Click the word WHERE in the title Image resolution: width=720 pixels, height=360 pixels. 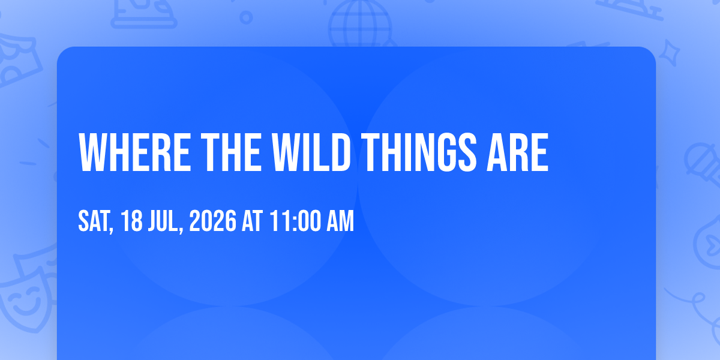[134, 152]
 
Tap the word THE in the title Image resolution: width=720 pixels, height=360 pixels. [232, 152]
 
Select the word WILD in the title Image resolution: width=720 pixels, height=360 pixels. [311, 152]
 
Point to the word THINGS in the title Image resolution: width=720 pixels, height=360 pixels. [419, 152]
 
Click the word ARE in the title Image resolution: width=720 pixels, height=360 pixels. [517, 152]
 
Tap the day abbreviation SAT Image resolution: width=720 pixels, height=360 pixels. [94, 221]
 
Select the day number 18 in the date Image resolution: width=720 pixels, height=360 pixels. [132, 221]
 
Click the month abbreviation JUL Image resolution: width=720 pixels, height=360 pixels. [163, 221]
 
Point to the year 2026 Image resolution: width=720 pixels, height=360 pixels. [213, 221]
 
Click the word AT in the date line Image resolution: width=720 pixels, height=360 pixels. [253, 221]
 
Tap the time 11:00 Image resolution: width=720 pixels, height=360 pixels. [295, 221]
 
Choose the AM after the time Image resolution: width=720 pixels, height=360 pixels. [340, 221]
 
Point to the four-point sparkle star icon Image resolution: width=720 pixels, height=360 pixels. [670, 53]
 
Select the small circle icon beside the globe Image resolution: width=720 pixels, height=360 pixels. [246, 17]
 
